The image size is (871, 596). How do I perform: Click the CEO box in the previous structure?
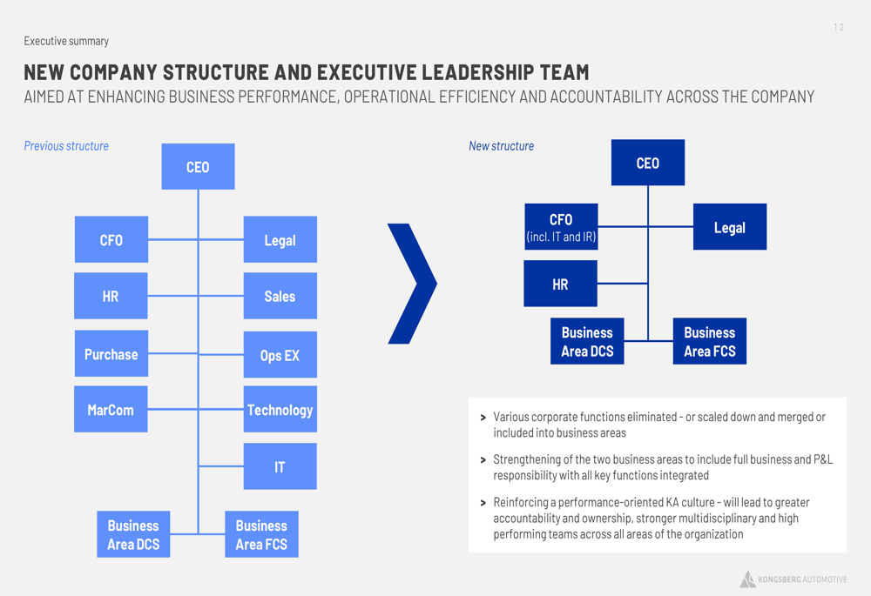coord(198,166)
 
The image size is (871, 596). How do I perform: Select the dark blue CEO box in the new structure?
coord(648,163)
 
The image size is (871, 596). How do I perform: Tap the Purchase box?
coord(111,353)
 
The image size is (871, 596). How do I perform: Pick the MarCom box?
coord(111,409)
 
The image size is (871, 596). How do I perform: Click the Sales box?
coord(280,296)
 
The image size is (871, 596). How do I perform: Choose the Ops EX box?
coord(280,355)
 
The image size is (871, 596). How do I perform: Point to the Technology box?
coord(280,409)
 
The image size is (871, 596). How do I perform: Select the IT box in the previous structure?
coord(280,466)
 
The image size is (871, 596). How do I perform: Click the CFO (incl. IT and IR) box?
coord(561,226)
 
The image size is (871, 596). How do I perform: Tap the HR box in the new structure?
coord(560,284)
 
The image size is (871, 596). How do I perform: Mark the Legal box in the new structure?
coord(730,226)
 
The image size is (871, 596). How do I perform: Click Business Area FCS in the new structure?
coord(709,341)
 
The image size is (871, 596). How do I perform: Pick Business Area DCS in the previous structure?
coord(133,534)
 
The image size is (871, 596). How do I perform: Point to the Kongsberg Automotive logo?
coord(793,579)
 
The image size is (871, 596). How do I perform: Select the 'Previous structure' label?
coord(66,146)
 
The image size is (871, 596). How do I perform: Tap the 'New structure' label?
coord(501,146)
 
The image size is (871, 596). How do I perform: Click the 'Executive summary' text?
coord(66,41)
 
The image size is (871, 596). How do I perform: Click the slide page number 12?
coord(839,27)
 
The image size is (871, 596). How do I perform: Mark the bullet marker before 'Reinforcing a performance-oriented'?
coord(483,503)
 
